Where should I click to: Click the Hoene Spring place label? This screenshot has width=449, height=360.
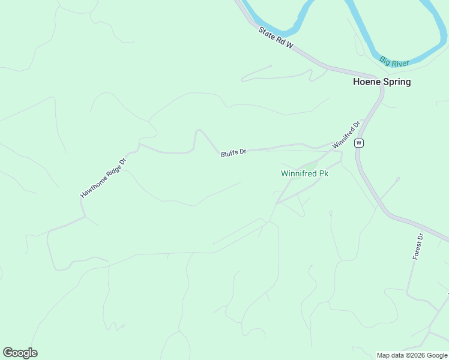(x=381, y=82)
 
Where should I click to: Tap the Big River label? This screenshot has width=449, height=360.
(x=394, y=61)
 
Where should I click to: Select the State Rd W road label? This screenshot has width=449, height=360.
(x=276, y=38)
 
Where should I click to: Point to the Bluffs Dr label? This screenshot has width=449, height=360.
(x=234, y=153)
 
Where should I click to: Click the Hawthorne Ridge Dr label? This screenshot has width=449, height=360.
(x=104, y=178)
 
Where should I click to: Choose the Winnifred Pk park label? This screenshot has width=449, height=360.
(x=305, y=173)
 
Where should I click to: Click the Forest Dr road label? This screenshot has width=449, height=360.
(x=418, y=247)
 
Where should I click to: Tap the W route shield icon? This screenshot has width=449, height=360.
(x=358, y=142)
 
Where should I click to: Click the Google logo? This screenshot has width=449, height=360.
(x=20, y=353)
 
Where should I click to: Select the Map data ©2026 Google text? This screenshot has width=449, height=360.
(x=412, y=355)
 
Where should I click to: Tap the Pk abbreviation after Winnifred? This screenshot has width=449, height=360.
(x=324, y=173)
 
